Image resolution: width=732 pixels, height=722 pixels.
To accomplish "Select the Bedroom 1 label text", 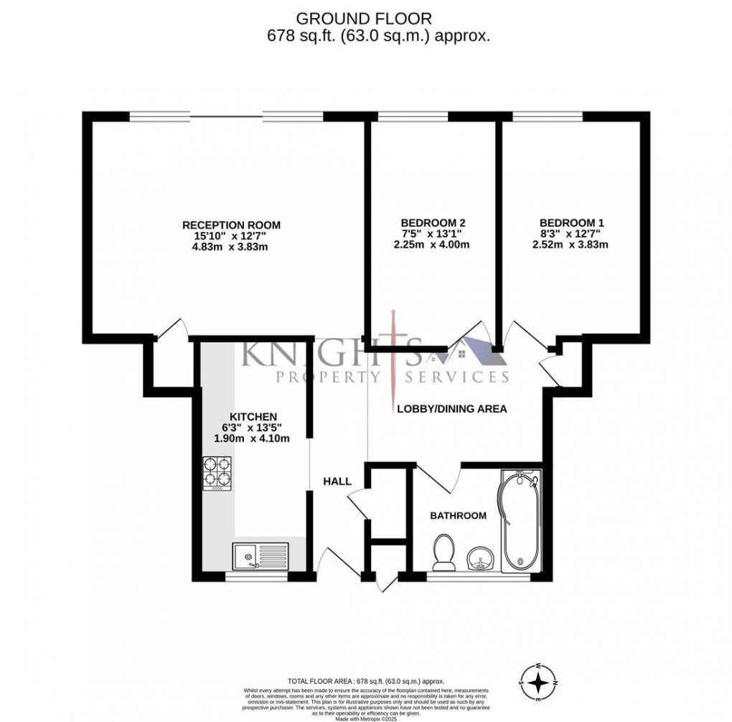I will tap(571, 222).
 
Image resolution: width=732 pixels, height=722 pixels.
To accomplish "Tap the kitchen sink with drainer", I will tap(260, 555).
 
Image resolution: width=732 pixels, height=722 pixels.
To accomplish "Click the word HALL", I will tap(337, 482).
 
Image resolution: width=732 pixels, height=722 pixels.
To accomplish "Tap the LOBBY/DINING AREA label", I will tap(452, 409).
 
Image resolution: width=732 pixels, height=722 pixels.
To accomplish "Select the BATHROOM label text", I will tap(458, 515).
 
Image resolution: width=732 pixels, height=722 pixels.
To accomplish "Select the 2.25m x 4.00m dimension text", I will tap(432, 244).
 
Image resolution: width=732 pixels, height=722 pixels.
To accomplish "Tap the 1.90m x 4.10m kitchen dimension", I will tap(255, 439).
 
